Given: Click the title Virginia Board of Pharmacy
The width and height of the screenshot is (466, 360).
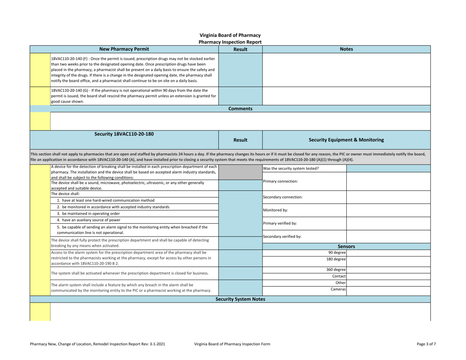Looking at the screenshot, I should click(233, 35).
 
